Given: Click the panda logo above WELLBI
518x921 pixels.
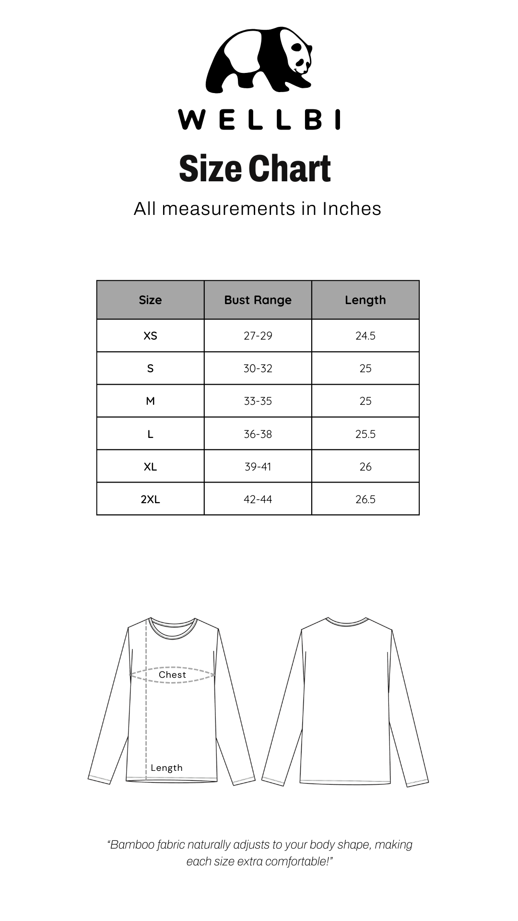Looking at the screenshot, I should [x=259, y=60].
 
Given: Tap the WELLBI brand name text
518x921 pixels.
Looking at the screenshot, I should [x=259, y=119].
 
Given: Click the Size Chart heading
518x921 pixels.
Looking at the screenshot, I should [x=255, y=169].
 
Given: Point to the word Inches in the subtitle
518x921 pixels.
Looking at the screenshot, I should [x=352, y=209].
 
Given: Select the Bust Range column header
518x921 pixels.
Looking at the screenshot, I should [x=258, y=300].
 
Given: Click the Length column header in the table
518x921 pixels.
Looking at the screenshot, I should [x=365, y=300].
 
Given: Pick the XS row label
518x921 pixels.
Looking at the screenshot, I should [x=150, y=336].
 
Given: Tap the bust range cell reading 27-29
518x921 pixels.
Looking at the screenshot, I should [x=258, y=336].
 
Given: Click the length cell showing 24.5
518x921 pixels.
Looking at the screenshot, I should [x=365, y=336].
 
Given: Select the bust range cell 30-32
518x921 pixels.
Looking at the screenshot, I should [x=258, y=368].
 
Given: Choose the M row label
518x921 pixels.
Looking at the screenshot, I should [x=150, y=401].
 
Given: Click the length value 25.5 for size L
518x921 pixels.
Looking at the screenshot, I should [x=365, y=434].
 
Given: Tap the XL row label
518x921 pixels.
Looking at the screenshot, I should [x=150, y=467].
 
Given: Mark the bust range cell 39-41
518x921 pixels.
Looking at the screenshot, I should [x=258, y=467].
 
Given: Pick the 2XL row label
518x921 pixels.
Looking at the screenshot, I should [x=150, y=499].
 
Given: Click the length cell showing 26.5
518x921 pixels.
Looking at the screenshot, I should [x=365, y=499].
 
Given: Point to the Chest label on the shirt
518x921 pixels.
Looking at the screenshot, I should [x=172, y=674].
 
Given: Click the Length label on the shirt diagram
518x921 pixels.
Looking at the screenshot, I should [x=166, y=767].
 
